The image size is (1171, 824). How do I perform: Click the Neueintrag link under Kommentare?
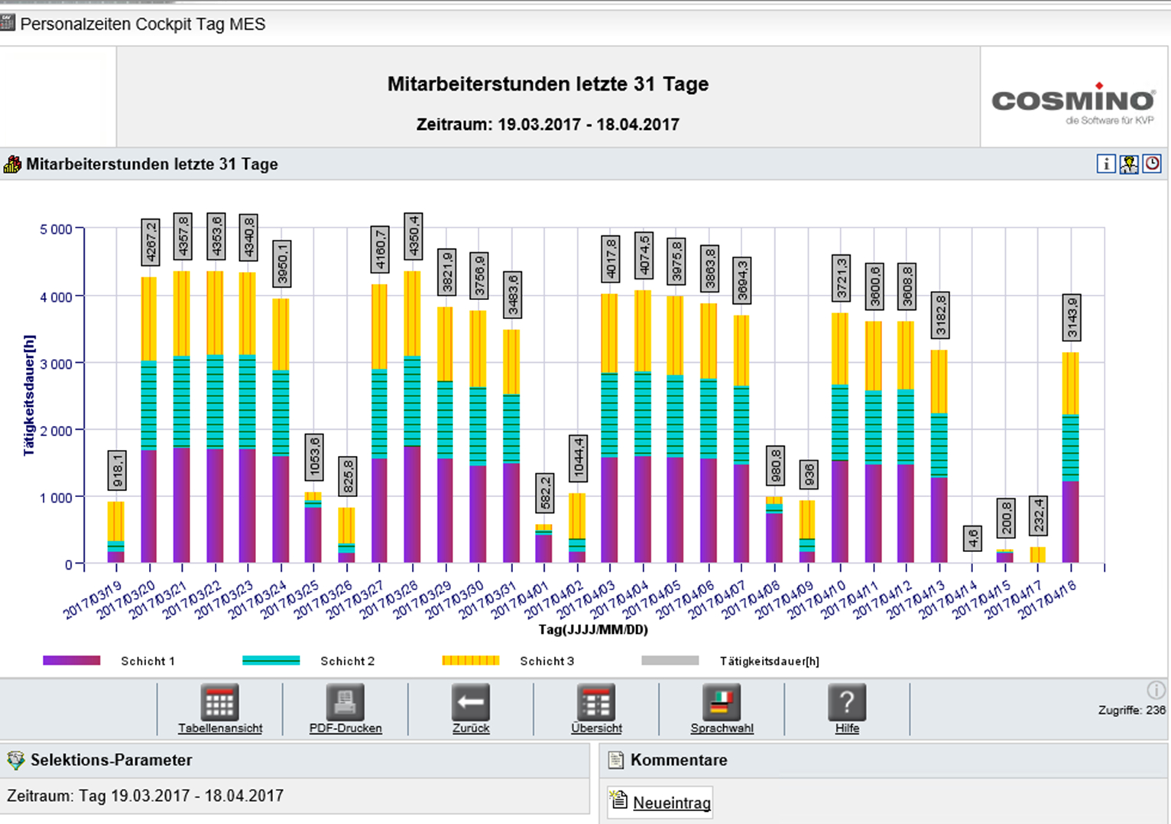[x=671, y=803]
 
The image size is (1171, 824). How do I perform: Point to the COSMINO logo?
[x=1073, y=101]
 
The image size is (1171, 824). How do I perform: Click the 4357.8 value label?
[x=183, y=237]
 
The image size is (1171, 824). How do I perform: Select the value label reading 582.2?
[x=544, y=493]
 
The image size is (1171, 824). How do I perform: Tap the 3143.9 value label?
[x=1072, y=317]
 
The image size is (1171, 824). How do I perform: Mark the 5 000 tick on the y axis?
[x=56, y=229]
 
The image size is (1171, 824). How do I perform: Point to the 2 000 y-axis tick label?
[x=56, y=431]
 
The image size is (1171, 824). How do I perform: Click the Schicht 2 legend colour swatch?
[x=271, y=661]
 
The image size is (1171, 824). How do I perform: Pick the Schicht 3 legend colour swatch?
[x=470, y=661]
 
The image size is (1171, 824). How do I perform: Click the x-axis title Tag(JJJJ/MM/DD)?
[x=593, y=630]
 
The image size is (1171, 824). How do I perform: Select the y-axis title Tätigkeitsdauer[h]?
[x=29, y=395]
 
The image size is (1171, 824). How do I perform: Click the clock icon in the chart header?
[x=1152, y=163]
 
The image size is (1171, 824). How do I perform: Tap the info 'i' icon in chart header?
[x=1105, y=163]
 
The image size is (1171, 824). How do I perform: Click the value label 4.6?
[x=972, y=538]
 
